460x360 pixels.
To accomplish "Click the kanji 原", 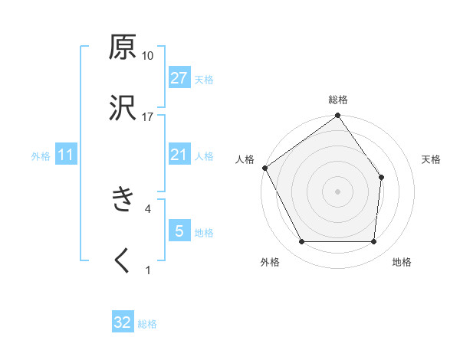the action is pyautogui.click(x=123, y=47).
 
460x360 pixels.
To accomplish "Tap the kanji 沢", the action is pyautogui.click(x=123, y=108).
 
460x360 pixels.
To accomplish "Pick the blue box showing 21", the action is pyautogui.click(x=179, y=155).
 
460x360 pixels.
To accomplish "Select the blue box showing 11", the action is pyautogui.click(x=66, y=155).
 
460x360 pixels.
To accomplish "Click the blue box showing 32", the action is pyautogui.click(x=123, y=322).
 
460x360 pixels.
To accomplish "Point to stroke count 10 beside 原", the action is pyautogui.click(x=148, y=56).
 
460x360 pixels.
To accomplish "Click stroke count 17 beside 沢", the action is pyautogui.click(x=148, y=116).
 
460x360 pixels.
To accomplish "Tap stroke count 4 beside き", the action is pyautogui.click(x=147, y=208).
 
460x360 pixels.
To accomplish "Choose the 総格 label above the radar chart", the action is pyautogui.click(x=338, y=100).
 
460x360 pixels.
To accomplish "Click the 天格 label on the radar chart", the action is pyautogui.click(x=432, y=159).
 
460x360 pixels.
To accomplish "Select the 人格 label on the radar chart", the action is pyautogui.click(x=245, y=159).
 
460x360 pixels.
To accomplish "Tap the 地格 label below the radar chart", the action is pyautogui.click(x=402, y=263).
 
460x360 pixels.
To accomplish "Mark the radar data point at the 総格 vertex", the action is pyautogui.click(x=337, y=116).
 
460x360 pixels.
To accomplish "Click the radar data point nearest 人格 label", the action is pyautogui.click(x=264, y=168).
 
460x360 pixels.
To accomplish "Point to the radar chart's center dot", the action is pyautogui.click(x=337, y=191).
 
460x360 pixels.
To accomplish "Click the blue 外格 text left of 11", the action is pyautogui.click(x=41, y=156).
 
